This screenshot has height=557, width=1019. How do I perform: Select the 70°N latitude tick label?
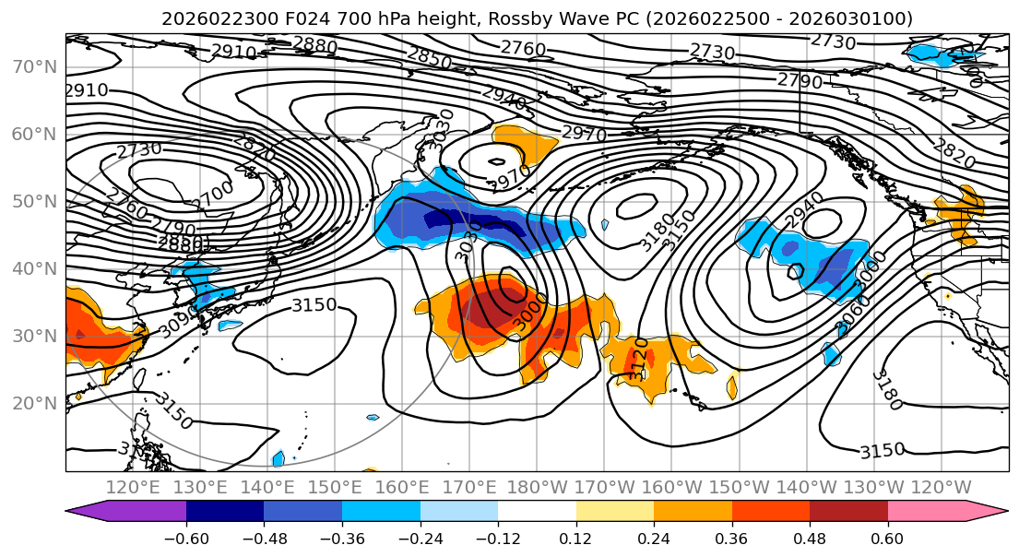click(34, 66)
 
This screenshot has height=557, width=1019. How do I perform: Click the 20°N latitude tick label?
click(34, 403)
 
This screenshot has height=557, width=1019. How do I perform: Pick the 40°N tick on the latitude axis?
click(34, 268)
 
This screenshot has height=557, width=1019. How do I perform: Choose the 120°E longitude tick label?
click(133, 487)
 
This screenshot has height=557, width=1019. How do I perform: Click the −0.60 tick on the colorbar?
click(186, 537)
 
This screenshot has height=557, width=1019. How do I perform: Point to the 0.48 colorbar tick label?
click(810, 537)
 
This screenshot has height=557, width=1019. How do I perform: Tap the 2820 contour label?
click(954, 154)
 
